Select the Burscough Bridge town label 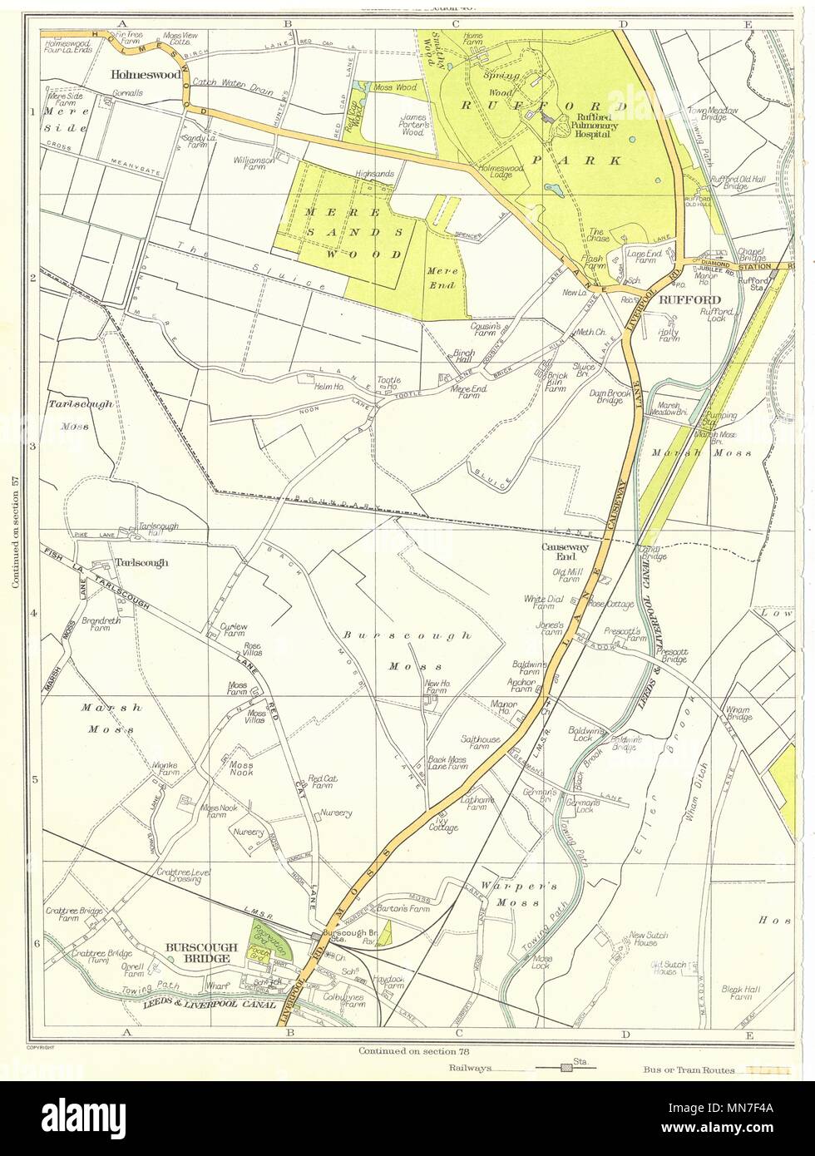(202, 952)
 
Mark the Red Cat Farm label (320, 783)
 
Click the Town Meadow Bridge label (705, 114)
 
